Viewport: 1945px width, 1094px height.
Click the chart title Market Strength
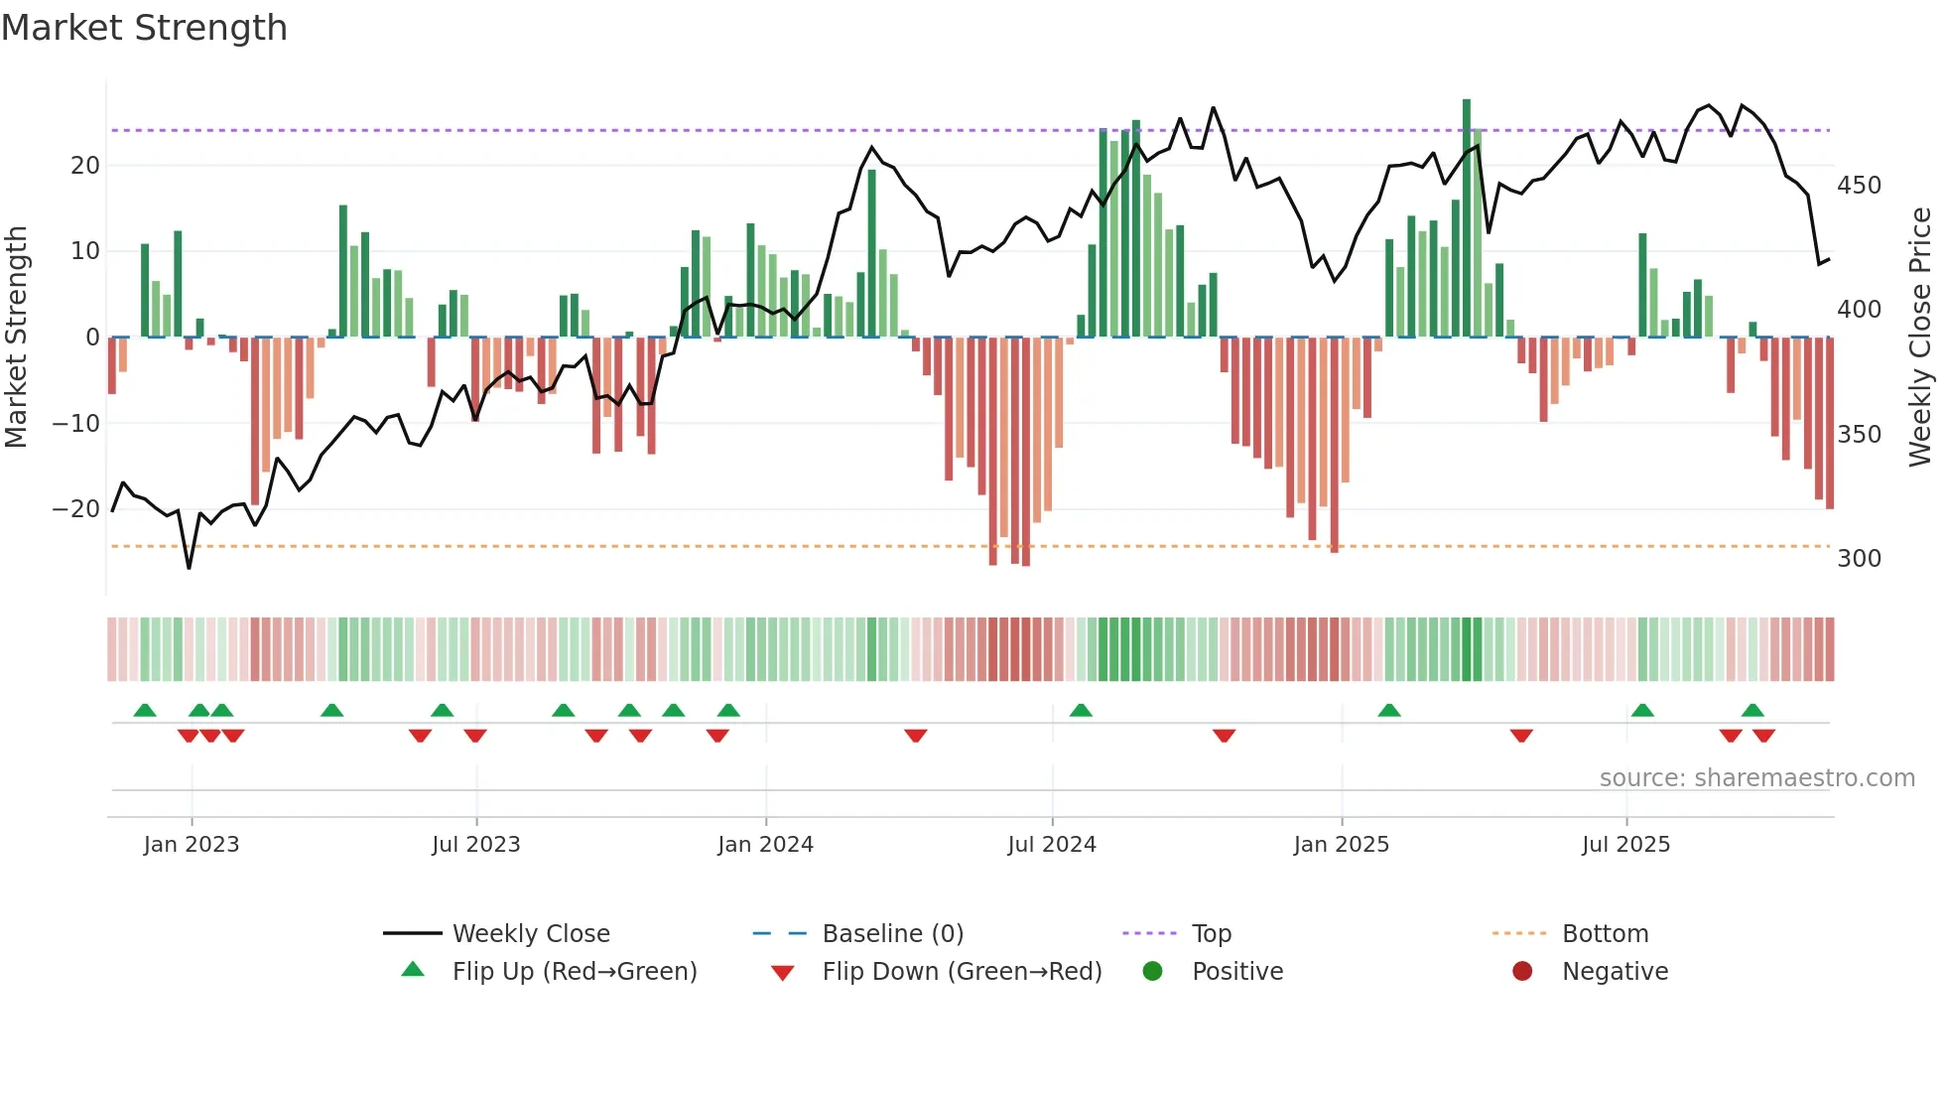point(144,28)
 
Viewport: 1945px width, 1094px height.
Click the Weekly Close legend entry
point(530,934)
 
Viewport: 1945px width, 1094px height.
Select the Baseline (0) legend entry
point(892,934)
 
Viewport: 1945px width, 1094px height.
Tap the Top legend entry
point(1211,934)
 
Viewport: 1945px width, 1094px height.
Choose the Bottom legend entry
point(1605,934)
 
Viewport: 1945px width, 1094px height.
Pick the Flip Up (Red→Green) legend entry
point(574,972)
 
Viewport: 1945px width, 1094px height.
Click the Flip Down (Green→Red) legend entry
point(962,972)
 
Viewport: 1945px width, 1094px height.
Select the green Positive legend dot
point(1152,971)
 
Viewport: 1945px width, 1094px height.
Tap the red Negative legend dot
point(1522,971)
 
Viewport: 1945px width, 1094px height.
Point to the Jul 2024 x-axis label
point(1052,845)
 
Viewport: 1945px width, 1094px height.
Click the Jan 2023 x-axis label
point(192,845)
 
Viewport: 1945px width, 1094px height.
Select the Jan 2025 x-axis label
point(1342,845)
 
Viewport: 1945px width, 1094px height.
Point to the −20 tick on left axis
point(76,509)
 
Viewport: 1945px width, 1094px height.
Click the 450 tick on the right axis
point(1859,186)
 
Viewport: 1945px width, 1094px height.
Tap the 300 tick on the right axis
point(1859,559)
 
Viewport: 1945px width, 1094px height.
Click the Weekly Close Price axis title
point(1921,338)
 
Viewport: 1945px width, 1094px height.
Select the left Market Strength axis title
point(17,338)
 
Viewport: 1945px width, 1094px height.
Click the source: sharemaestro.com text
point(1756,778)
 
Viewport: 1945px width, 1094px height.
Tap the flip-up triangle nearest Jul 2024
point(1081,710)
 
